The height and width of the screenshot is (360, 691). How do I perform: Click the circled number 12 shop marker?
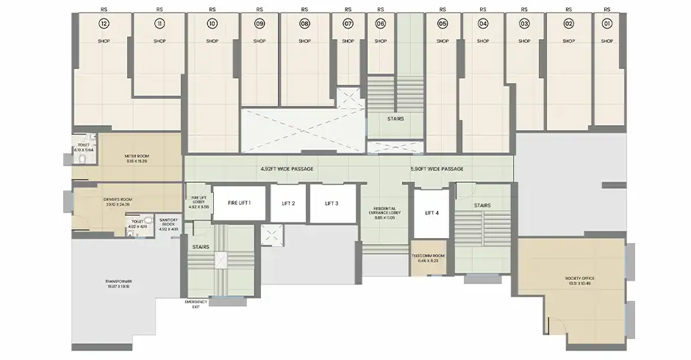pyautogui.click(x=104, y=24)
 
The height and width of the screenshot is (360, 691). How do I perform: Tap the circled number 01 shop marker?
pyautogui.click(x=606, y=24)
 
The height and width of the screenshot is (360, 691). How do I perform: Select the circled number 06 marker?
pyautogui.click(x=380, y=24)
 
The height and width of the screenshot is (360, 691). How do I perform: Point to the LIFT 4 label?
pyautogui.click(x=432, y=213)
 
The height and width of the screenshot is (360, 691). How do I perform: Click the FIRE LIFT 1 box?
pyautogui.click(x=239, y=203)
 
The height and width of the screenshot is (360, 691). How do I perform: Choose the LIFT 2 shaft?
pyautogui.click(x=283, y=204)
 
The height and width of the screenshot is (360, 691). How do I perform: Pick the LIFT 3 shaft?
pyautogui.click(x=332, y=204)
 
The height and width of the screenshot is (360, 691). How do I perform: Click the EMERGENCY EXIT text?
pyautogui.click(x=196, y=305)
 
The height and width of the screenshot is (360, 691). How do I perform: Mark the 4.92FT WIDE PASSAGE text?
pyautogui.click(x=287, y=169)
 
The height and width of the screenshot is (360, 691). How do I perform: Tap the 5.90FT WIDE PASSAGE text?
pyautogui.click(x=437, y=169)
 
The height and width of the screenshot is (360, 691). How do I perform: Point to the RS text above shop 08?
pyautogui.click(x=304, y=10)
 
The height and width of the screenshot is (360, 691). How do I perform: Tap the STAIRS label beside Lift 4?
pyautogui.click(x=482, y=205)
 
